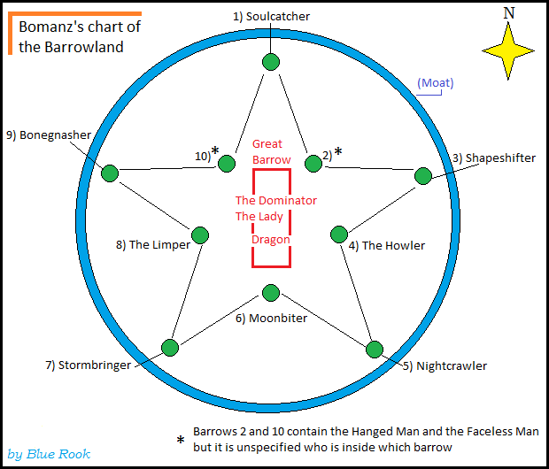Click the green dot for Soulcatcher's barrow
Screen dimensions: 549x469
(x=271, y=61)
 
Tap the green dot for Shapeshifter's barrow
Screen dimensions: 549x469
(x=422, y=175)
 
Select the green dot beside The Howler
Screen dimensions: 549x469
(x=338, y=234)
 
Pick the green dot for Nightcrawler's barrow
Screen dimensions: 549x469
(x=375, y=349)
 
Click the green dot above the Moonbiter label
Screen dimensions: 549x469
(x=271, y=293)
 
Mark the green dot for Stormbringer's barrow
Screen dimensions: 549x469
(x=169, y=346)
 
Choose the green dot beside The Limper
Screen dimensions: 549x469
(x=201, y=234)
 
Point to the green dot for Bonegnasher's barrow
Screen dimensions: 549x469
(x=110, y=173)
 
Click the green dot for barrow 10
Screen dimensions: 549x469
(x=227, y=164)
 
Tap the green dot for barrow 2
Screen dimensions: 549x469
(x=313, y=164)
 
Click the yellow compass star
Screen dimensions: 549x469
(x=508, y=51)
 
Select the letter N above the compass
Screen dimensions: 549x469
(x=508, y=12)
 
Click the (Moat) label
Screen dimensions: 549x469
(x=435, y=83)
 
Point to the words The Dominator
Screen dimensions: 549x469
(x=275, y=200)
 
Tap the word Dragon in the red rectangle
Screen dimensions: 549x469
(x=270, y=239)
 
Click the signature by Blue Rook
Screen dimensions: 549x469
(x=49, y=454)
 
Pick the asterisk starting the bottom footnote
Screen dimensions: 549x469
(x=180, y=440)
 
